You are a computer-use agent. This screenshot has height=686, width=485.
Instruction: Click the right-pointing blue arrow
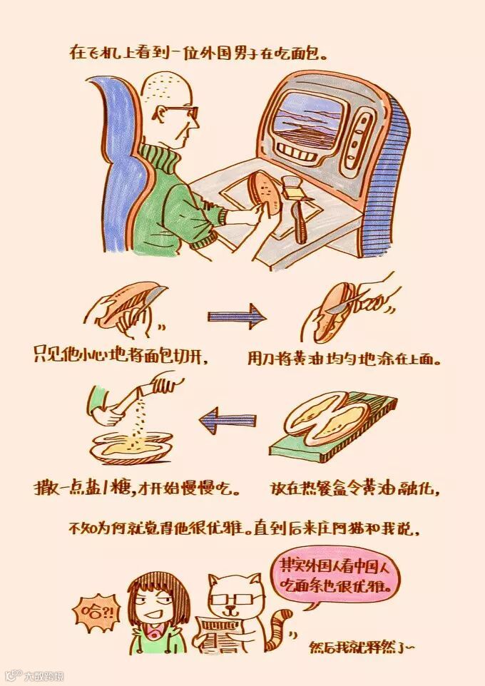coord(237,316)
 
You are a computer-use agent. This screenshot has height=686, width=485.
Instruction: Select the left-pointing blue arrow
coord(228,421)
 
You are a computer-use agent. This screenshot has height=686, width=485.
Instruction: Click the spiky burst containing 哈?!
coord(95,612)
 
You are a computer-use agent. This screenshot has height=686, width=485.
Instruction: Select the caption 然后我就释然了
coord(361,647)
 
